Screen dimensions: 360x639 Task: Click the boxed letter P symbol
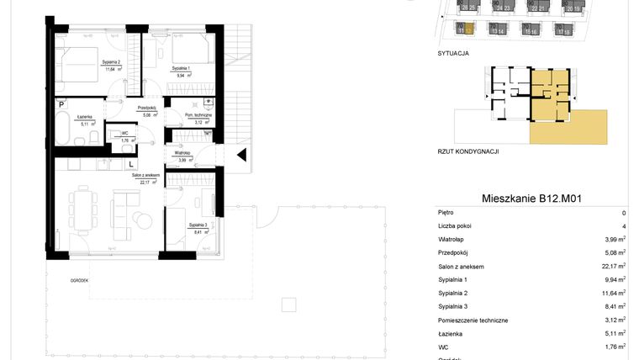tap(61, 104)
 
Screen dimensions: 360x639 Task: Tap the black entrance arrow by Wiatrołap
tap(241, 155)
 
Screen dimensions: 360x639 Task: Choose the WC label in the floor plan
tap(124, 133)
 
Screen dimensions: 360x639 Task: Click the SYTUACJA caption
tap(453, 52)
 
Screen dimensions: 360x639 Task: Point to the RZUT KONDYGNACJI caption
tap(468, 151)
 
